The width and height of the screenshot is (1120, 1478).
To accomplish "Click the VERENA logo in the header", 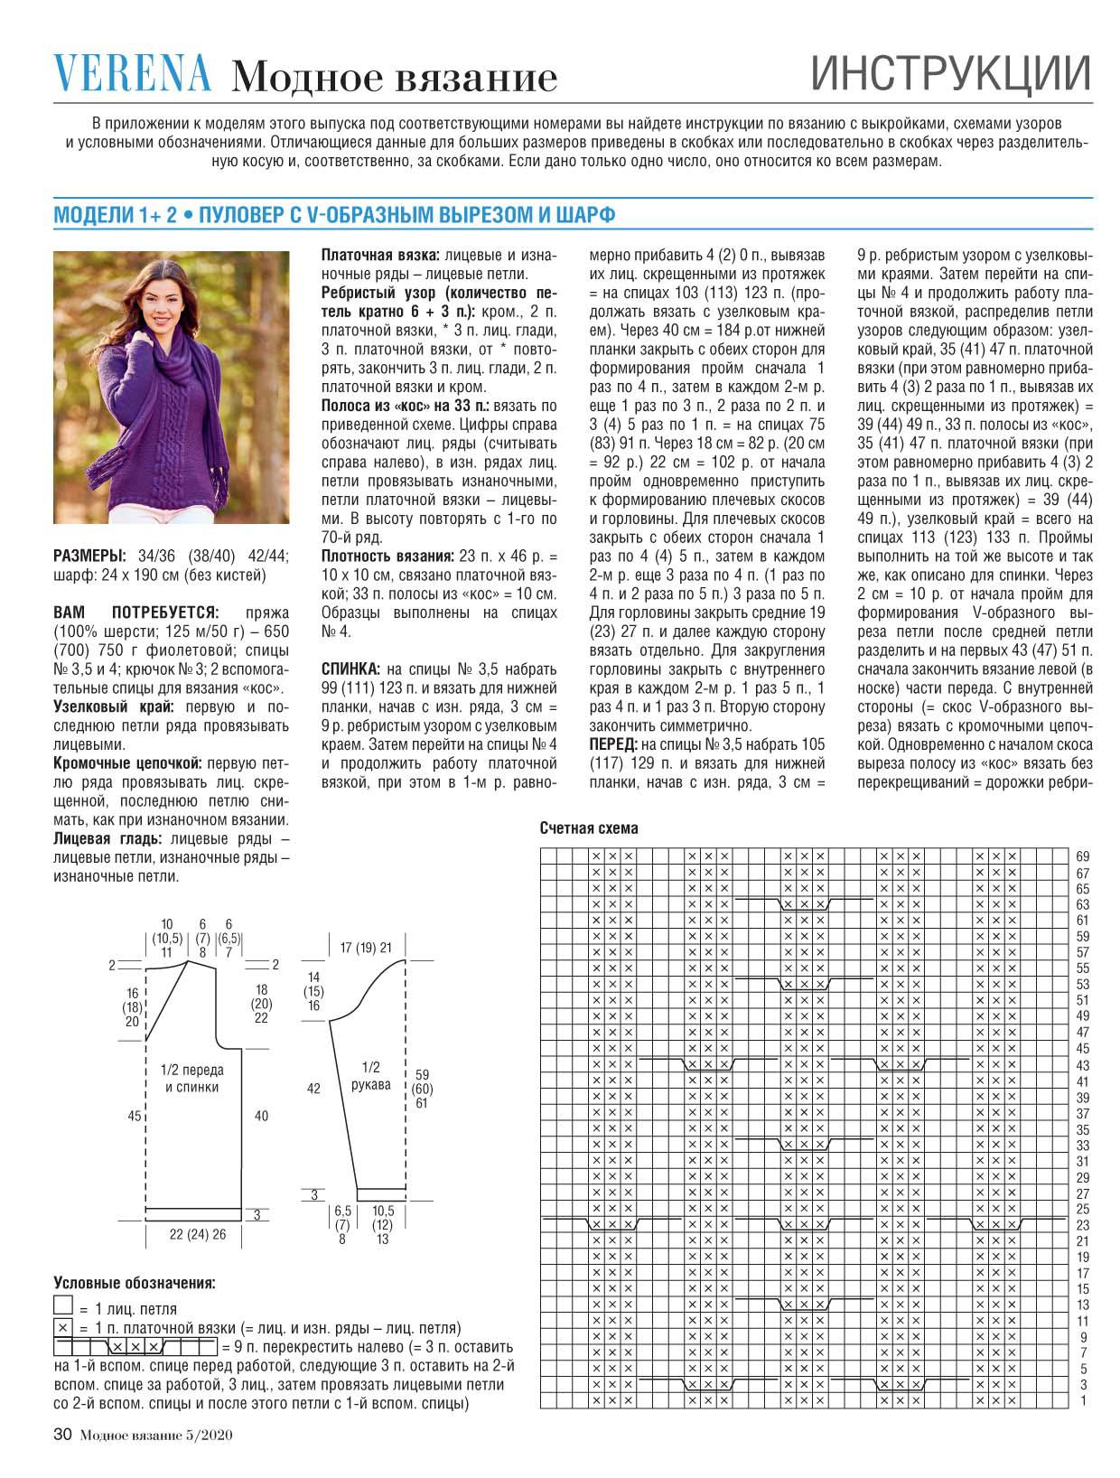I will [133, 73].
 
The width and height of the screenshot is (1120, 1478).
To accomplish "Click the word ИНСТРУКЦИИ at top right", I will [950, 74].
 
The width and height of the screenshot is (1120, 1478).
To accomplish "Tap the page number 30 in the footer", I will [62, 1434].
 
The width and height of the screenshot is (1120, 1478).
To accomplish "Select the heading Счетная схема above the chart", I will [589, 828].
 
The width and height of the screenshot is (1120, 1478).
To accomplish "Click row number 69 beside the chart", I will [1083, 856].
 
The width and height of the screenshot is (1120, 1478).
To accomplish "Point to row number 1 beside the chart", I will [1083, 1401].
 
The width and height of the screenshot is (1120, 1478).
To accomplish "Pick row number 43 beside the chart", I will [1083, 1065].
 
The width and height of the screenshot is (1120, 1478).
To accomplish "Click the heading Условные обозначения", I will [135, 1283].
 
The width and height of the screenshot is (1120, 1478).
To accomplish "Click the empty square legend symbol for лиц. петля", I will [63, 1306].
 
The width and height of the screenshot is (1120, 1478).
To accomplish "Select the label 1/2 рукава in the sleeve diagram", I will [371, 1075].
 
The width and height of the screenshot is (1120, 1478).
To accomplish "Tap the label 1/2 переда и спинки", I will [191, 1079].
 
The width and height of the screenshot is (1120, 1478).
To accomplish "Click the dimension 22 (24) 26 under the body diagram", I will [198, 1234].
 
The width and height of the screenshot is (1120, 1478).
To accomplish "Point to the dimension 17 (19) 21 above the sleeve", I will [366, 948].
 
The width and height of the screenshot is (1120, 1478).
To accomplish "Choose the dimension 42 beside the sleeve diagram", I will [313, 1090].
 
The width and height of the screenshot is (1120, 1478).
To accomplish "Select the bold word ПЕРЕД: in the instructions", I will [613, 744].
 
